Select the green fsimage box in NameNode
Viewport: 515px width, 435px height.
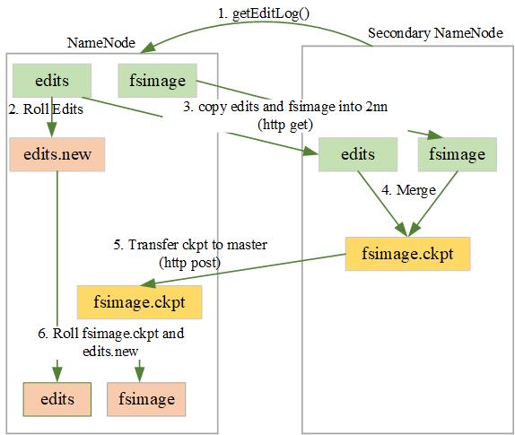pos(158,80)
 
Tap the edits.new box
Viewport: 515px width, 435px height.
pos(57,154)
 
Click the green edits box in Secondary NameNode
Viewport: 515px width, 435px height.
pos(358,155)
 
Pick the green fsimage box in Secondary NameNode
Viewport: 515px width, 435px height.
pos(457,155)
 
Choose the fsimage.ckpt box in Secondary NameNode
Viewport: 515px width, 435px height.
pos(407,254)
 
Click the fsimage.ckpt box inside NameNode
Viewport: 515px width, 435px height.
pos(139,302)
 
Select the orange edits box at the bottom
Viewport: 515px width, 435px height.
pos(57,396)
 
